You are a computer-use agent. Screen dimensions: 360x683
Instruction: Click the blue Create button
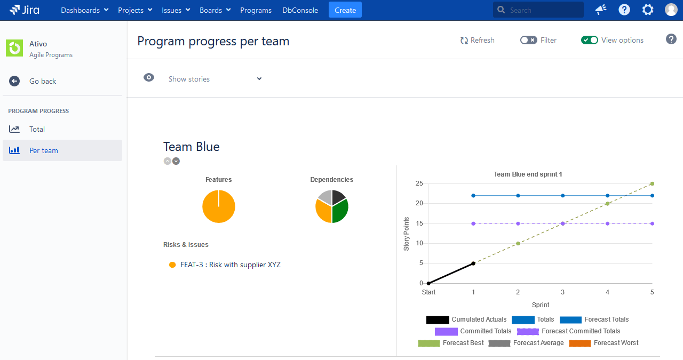(x=345, y=10)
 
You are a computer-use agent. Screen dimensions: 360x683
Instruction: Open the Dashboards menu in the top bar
(x=84, y=10)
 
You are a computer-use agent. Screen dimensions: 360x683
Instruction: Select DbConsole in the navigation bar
(x=300, y=10)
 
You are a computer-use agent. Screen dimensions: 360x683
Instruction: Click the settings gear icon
(x=647, y=10)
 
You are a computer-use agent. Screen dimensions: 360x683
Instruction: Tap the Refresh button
(x=477, y=40)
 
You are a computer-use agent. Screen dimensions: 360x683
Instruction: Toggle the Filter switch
(x=528, y=40)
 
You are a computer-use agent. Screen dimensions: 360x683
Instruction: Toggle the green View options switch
(x=589, y=40)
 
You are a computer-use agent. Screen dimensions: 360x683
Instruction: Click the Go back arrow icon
(x=14, y=81)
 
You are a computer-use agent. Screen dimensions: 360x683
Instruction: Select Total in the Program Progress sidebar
(x=37, y=129)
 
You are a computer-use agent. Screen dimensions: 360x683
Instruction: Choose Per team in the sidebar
(x=43, y=150)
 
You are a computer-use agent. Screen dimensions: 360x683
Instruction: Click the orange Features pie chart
(x=219, y=206)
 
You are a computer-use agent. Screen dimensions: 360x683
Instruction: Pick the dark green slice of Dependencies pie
(x=340, y=211)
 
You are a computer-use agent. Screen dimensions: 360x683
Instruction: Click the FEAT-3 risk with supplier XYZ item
(x=230, y=265)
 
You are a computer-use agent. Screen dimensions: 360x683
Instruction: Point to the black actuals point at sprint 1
(x=473, y=263)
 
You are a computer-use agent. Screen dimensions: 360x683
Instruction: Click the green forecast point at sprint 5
(x=652, y=183)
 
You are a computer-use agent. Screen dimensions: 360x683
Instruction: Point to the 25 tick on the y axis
(x=419, y=183)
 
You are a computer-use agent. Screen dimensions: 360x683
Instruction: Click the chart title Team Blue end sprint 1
(x=528, y=174)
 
